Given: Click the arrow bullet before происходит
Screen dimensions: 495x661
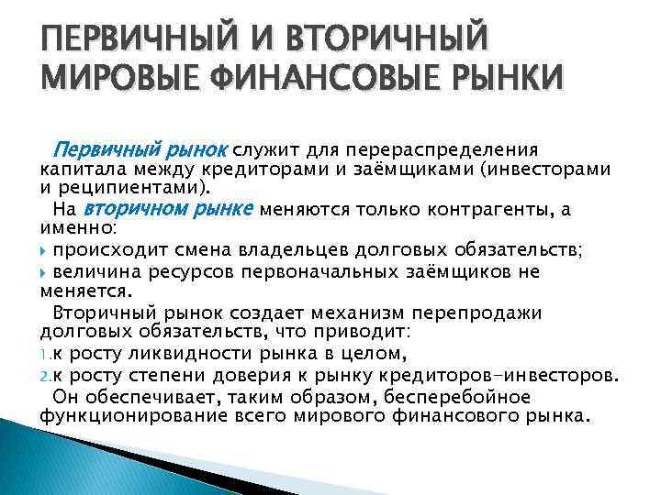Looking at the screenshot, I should pos(45,250).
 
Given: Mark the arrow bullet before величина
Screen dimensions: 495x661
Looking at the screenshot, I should pos(45,272).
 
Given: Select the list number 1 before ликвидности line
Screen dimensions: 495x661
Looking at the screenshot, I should pos(46,354).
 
